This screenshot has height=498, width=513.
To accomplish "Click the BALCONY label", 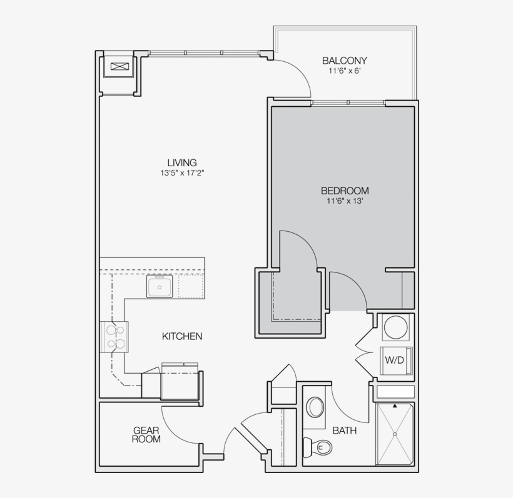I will coord(344,61).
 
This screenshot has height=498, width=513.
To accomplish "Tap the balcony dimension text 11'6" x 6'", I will coord(344,71).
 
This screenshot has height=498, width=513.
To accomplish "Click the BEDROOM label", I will coord(345,191).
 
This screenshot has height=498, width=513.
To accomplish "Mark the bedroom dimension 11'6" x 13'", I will coord(345,201).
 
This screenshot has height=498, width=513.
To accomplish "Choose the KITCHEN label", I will coord(182,336).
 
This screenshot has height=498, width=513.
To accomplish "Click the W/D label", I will coord(394,360).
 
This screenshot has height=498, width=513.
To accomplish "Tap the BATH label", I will coord(345,430).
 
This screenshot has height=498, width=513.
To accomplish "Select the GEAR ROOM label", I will coord(146,435).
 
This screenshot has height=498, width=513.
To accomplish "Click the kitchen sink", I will coord(161,287).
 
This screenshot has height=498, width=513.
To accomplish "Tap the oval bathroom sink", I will coord(315,407).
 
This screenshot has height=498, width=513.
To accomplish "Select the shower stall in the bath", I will coord(395,434).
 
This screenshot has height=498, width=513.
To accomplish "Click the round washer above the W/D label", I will coord(395,327).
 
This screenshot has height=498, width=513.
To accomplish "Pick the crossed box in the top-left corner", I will coord(119,66).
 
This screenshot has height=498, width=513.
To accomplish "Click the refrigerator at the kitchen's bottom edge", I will coord(180,381).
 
